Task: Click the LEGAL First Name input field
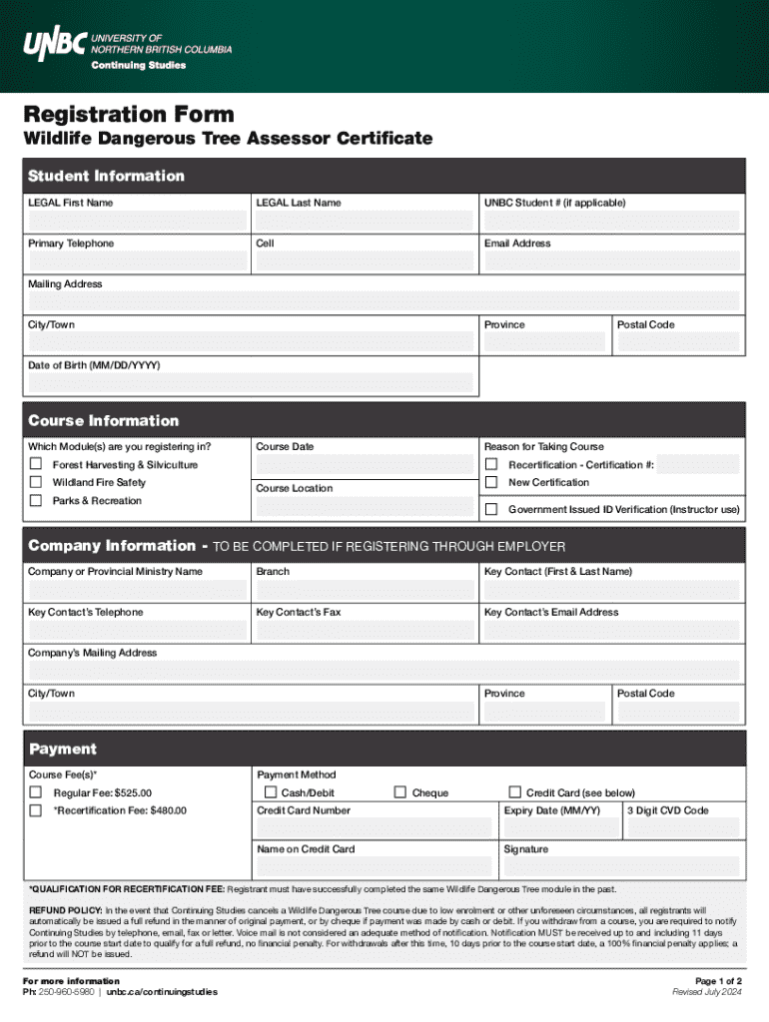tap(137, 221)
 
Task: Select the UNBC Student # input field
tap(611, 221)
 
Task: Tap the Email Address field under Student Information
tap(611, 261)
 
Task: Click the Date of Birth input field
tap(251, 383)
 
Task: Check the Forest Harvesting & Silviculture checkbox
tap(35, 464)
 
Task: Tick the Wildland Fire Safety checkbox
tap(35, 482)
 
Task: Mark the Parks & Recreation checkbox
tap(35, 500)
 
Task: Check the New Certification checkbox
tap(491, 482)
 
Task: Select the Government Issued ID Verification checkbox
tap(491, 509)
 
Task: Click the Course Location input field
tap(365, 507)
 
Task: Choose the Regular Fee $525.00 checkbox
tap(35, 792)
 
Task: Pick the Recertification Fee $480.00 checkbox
tap(35, 810)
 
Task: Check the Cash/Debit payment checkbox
tap(271, 792)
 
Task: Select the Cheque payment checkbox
tap(400, 792)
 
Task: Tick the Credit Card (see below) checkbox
tap(515, 792)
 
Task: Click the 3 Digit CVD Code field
tap(683, 828)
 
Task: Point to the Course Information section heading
tap(104, 420)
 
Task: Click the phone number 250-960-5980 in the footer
tap(68, 992)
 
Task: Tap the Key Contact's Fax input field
tap(365, 631)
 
